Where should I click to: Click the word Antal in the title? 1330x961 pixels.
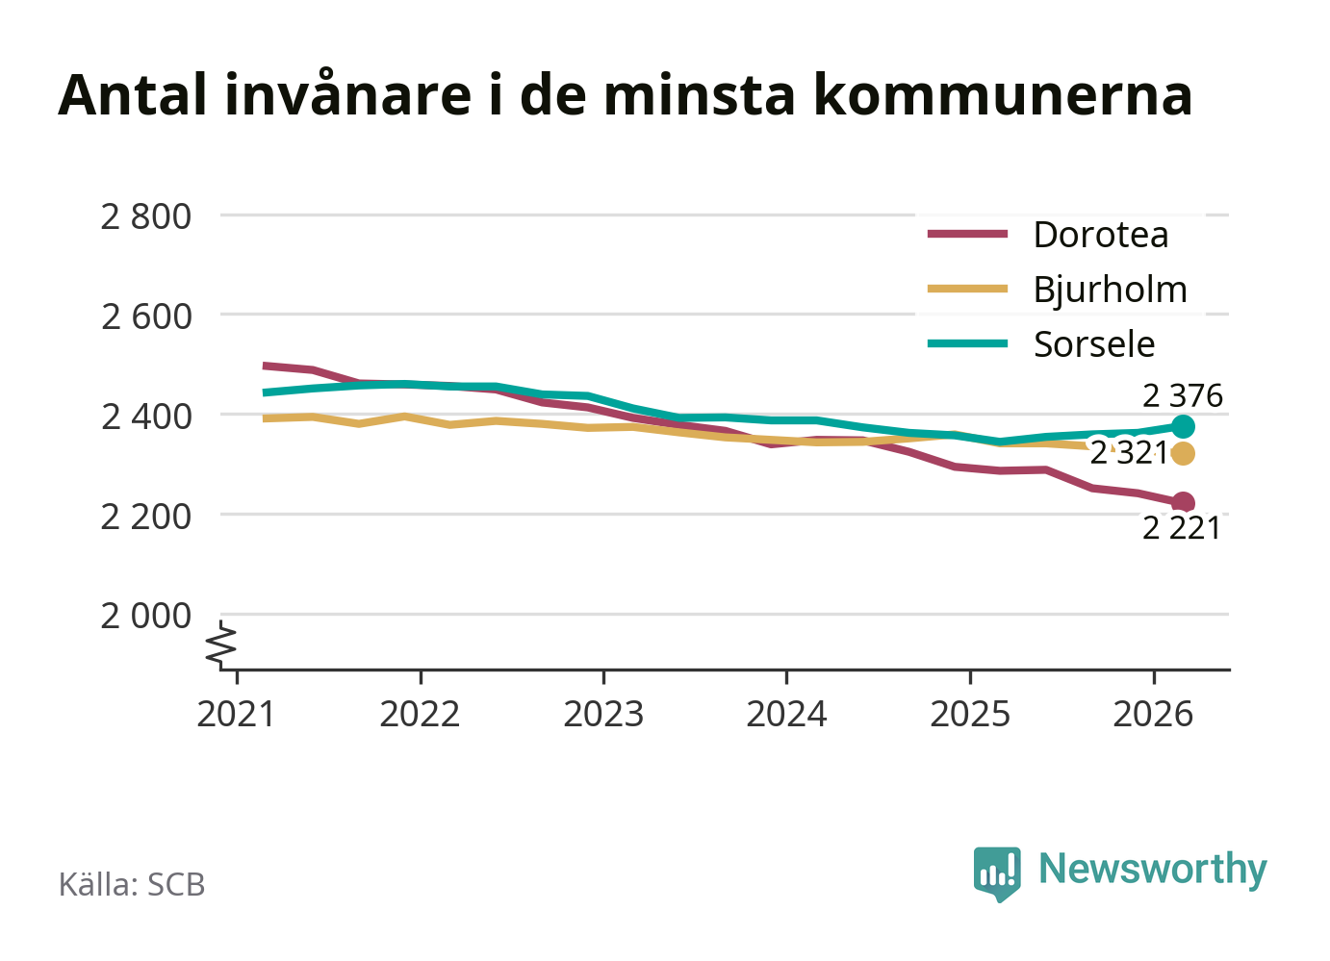pos(133,95)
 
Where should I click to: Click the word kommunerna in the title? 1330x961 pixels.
pos(1003,95)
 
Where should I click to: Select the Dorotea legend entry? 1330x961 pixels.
pos(1048,235)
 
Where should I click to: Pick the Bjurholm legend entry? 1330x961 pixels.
pos(1058,291)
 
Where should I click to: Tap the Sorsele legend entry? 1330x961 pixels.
pos(1041,344)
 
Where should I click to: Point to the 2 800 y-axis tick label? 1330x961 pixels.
pos(146,216)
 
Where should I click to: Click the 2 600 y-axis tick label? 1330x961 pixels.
pos(146,317)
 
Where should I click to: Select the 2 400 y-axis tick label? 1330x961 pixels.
pos(146,417)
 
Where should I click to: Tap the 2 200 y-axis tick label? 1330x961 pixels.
pos(146,517)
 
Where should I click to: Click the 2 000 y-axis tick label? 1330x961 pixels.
pos(146,616)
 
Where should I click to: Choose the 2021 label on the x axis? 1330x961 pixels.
pos(237,714)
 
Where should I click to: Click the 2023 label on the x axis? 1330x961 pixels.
pos(603,714)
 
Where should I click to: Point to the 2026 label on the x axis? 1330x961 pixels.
pos(1153,714)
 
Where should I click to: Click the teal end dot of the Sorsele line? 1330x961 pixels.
pos(1183,426)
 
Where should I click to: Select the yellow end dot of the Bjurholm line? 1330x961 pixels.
pos(1183,453)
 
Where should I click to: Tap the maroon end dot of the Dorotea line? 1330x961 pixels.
pos(1183,503)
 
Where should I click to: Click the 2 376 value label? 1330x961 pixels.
pos(1183,396)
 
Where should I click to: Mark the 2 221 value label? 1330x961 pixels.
pos(1182,528)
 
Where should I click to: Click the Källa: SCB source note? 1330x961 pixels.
pos(132,884)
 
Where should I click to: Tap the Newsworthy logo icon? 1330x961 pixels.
pos(997,873)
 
